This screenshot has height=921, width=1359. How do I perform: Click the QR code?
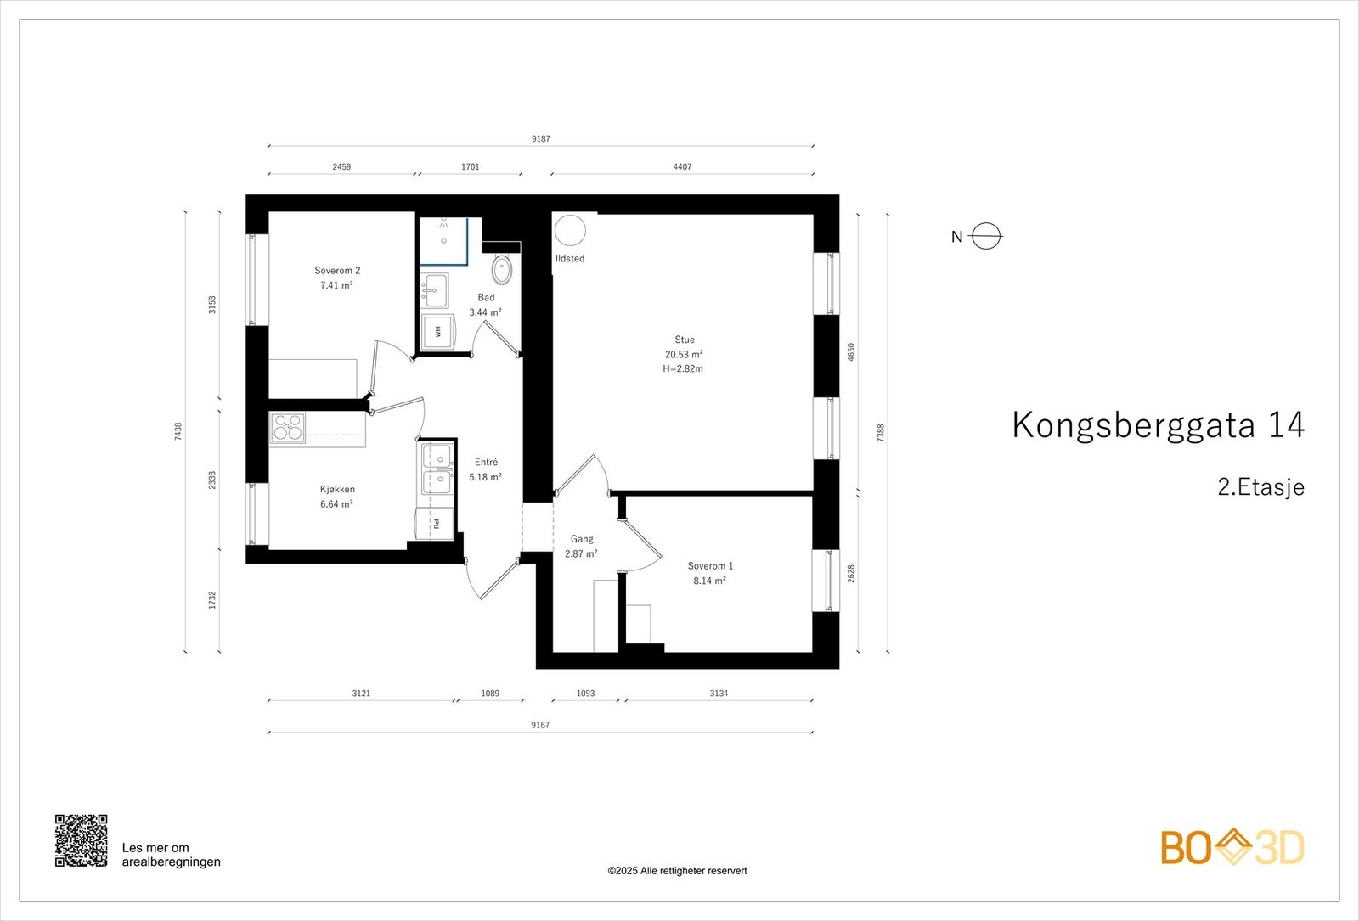point(82,840)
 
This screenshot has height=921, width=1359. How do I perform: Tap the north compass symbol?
point(985,236)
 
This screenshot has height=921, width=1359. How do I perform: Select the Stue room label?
point(685,340)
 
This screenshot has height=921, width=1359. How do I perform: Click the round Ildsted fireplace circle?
point(570,230)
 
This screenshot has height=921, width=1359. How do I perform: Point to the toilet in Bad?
point(502,269)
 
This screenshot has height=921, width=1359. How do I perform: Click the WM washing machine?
point(438,332)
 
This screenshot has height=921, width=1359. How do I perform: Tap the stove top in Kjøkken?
point(288,427)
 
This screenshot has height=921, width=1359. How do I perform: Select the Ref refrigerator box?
point(436,523)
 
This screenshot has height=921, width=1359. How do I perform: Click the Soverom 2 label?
point(337,271)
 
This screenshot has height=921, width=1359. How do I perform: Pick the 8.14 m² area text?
point(709,581)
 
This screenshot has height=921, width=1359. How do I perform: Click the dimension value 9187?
point(541,138)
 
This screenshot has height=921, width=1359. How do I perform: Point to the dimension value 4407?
point(682,167)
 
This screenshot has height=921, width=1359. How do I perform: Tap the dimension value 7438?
point(178,431)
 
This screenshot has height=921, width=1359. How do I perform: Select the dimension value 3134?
point(719,694)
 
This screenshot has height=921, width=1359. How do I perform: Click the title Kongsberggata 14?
point(1158,425)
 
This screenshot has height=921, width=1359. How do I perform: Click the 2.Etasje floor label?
point(1260,487)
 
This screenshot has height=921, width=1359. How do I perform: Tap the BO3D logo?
point(1232,847)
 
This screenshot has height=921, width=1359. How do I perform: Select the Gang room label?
point(582,539)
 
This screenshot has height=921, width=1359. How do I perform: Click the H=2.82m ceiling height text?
point(683,369)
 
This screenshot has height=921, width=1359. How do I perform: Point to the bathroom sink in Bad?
point(437,289)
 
